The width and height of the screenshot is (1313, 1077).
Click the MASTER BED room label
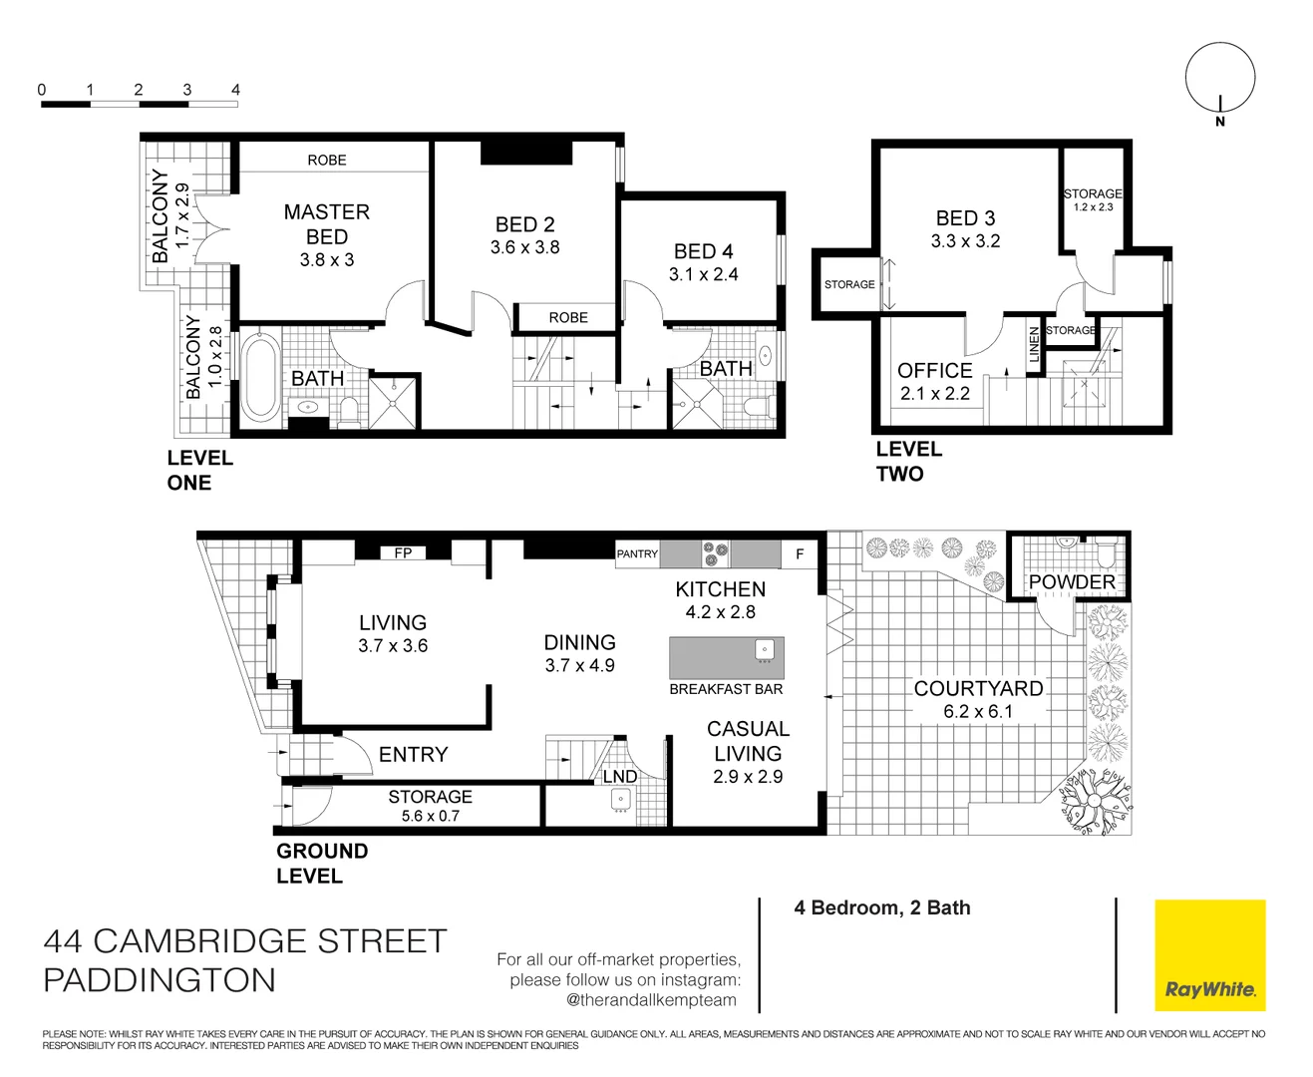326,224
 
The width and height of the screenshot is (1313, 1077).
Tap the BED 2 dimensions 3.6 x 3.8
524,247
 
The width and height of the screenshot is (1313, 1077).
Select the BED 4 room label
703,251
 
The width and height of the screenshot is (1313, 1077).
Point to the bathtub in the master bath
260,376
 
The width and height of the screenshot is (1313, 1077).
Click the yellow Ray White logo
1209,955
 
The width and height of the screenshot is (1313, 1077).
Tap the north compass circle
1219,77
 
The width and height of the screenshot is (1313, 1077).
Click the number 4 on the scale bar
235,90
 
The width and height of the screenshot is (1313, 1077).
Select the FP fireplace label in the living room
403,552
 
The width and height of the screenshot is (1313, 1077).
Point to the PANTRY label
637,553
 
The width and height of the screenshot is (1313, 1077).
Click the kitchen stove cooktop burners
715,553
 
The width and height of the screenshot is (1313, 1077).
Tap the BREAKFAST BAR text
726,689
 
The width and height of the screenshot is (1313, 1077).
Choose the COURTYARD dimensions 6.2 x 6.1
978,711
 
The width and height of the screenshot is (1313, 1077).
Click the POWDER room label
1072,581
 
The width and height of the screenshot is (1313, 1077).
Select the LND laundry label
619,776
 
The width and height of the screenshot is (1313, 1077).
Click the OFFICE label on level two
934,370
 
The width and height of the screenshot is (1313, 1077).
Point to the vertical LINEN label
1034,344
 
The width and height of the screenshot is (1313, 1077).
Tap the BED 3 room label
965,217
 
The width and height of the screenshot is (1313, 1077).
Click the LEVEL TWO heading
908,462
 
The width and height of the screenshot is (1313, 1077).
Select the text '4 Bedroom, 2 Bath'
881,907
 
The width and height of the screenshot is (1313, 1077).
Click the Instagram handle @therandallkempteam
651,1000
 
